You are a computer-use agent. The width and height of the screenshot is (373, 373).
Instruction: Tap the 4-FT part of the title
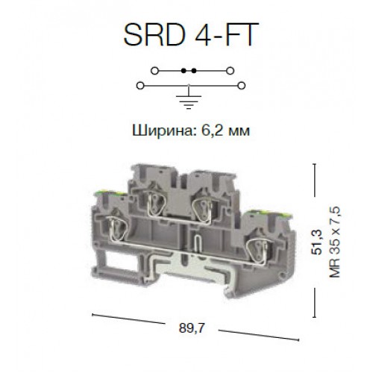coord(216,35)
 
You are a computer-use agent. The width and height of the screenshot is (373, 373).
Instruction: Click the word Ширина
coord(154,131)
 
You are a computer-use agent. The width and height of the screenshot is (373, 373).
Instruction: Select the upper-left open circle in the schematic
coord(154,71)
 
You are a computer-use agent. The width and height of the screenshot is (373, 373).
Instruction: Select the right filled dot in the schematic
coord(193,71)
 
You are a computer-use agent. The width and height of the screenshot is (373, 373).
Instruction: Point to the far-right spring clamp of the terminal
coord(260,227)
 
